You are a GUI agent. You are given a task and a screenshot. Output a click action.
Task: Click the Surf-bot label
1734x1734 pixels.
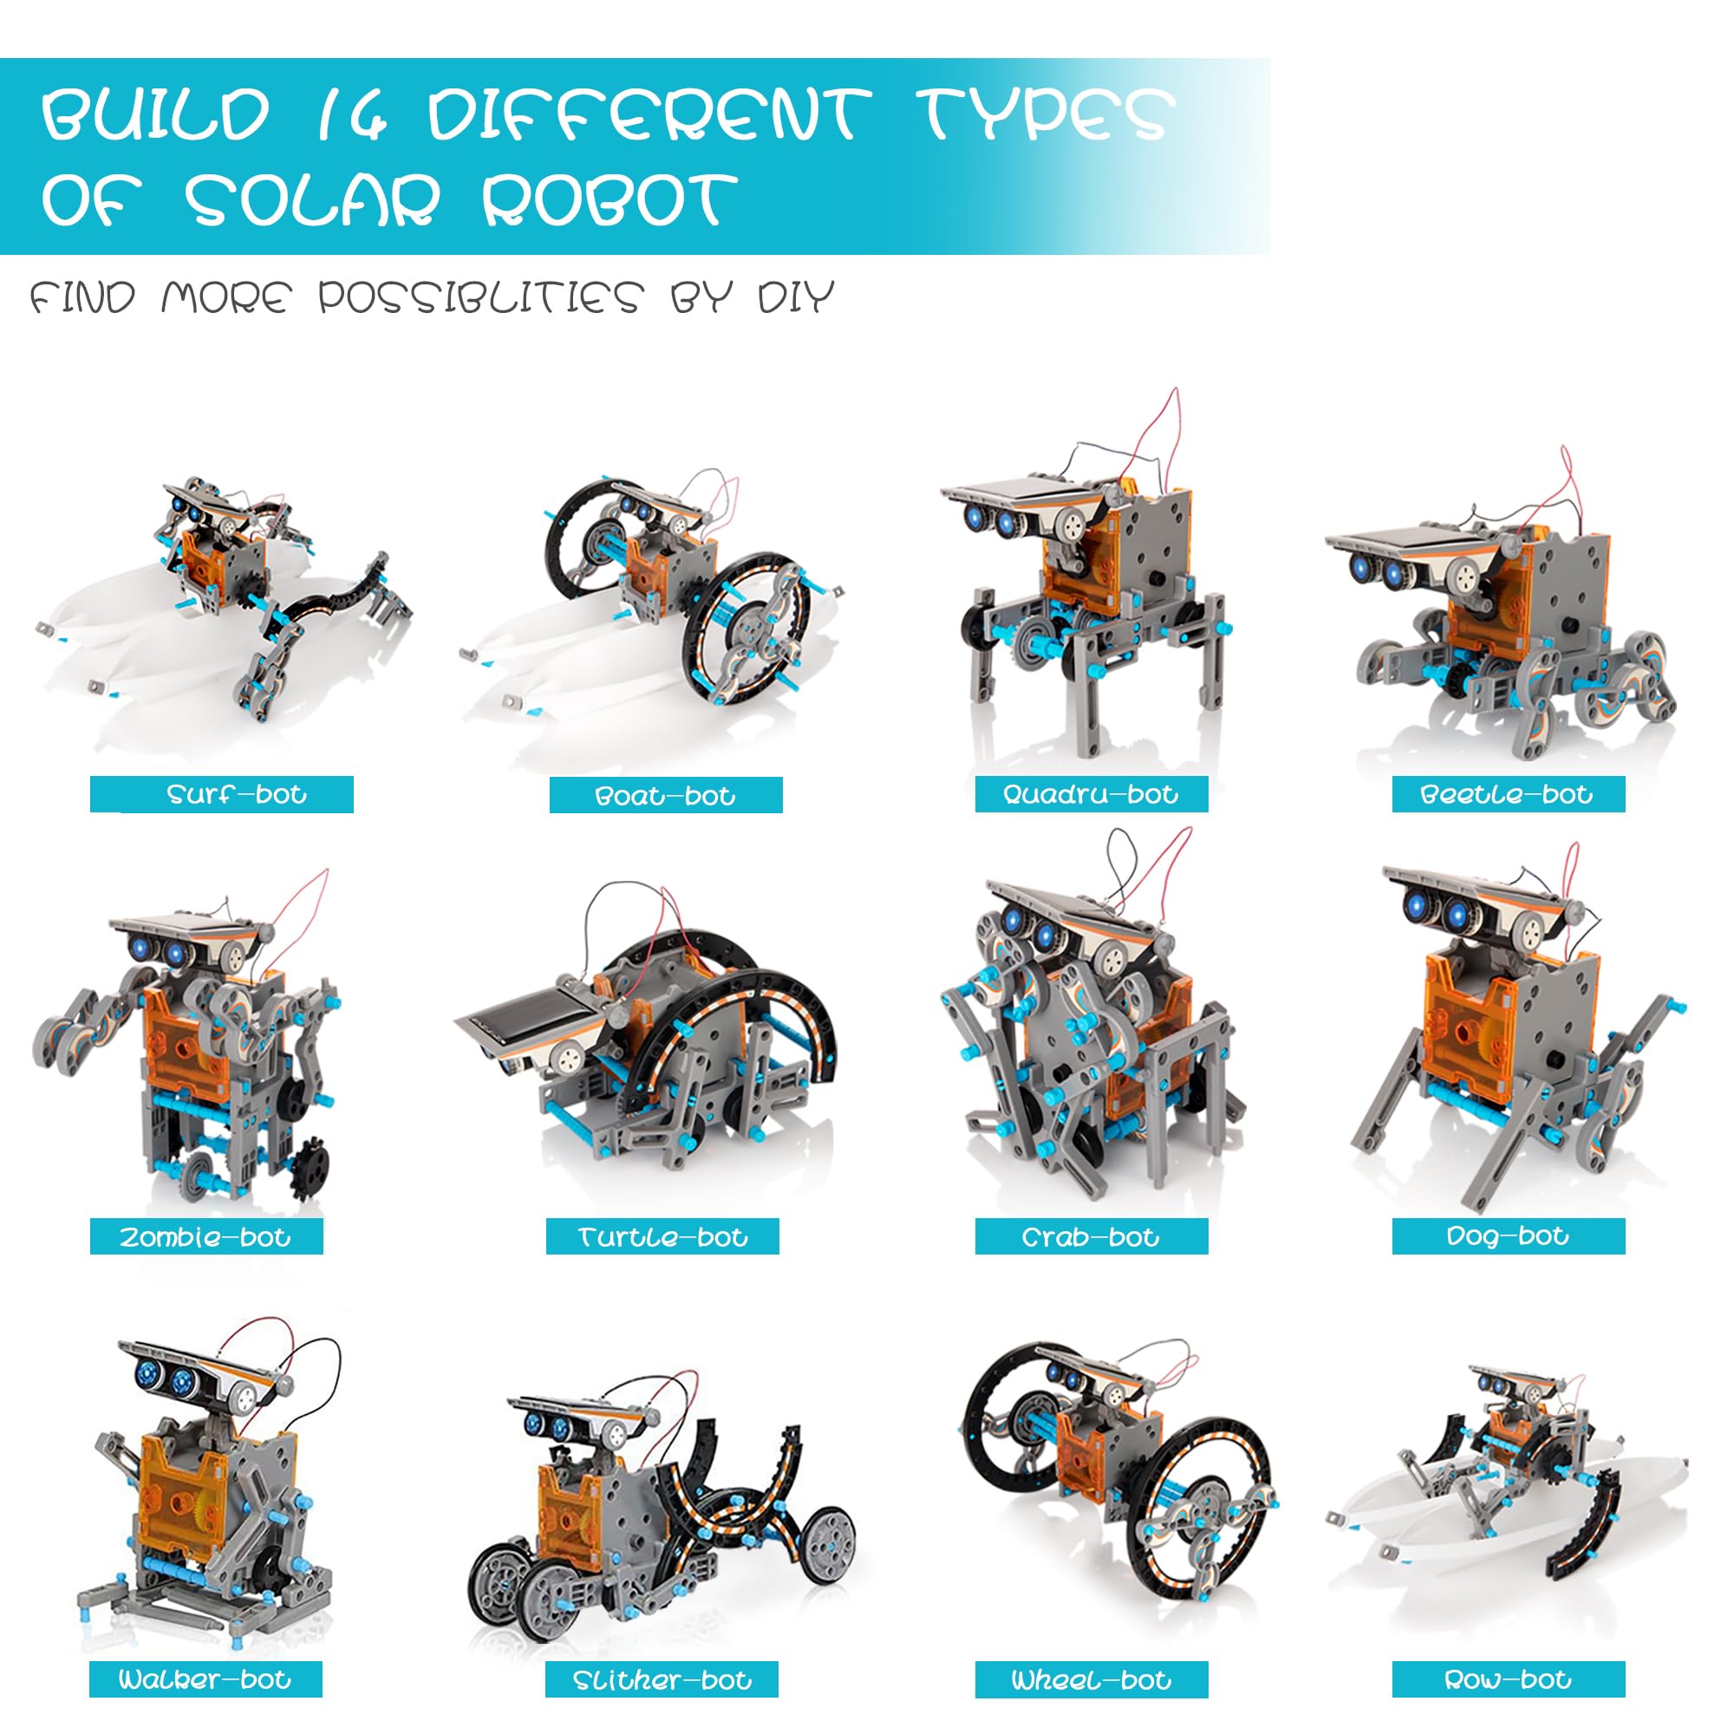(x=237, y=794)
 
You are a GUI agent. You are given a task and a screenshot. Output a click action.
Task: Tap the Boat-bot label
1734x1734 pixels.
(x=665, y=795)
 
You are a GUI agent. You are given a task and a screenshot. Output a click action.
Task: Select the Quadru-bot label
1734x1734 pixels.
(x=1091, y=794)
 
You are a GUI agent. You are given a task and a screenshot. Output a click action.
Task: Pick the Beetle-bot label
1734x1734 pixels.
(x=1507, y=794)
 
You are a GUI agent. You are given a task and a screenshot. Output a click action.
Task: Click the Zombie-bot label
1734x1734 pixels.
(x=205, y=1237)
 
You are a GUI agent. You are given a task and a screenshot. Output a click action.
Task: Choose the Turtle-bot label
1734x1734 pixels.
(x=662, y=1237)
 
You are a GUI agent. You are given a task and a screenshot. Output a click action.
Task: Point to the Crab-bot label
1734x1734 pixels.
(x=1091, y=1237)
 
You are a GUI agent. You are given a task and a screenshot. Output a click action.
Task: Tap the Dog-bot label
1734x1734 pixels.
(x=1508, y=1235)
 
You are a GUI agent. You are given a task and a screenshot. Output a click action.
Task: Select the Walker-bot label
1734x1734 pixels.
(x=205, y=1679)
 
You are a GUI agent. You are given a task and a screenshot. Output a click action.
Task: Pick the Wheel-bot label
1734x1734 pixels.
(x=1092, y=1679)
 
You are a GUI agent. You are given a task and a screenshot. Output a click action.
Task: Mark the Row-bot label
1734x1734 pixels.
(x=1508, y=1679)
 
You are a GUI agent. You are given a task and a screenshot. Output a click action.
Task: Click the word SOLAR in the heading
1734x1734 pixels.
(x=313, y=199)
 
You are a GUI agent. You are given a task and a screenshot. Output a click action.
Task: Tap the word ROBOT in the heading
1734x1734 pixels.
(x=610, y=199)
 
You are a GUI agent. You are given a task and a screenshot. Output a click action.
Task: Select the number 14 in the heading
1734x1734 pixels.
(x=350, y=114)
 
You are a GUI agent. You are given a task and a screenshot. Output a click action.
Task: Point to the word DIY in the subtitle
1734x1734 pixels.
(x=796, y=297)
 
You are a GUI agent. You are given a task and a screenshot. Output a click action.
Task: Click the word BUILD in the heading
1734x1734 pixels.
(x=155, y=114)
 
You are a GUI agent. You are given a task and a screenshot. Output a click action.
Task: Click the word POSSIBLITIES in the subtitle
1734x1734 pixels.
(x=481, y=297)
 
